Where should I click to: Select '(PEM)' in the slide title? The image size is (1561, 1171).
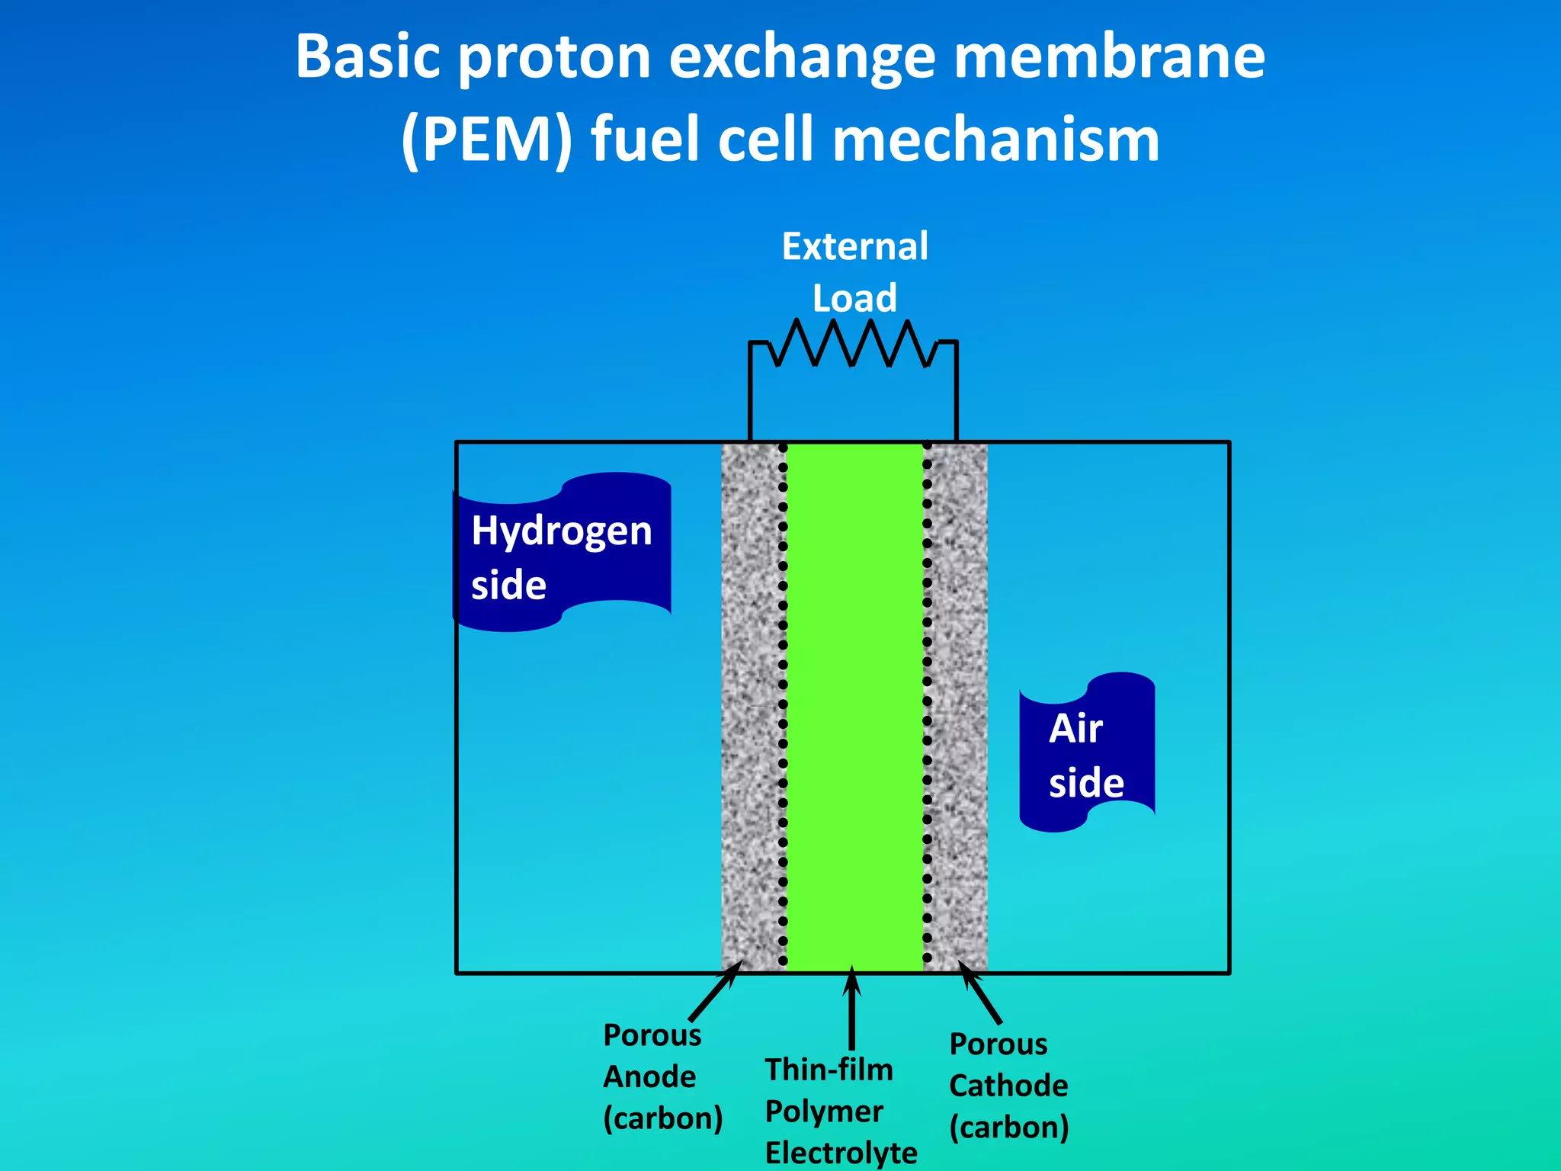[486, 140]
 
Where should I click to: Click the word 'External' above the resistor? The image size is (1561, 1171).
[855, 247]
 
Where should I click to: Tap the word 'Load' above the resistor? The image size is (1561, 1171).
[854, 298]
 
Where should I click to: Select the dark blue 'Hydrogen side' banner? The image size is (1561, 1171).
[563, 553]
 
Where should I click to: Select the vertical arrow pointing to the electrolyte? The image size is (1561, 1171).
[852, 1010]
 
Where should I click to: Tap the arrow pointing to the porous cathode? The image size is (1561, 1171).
[981, 993]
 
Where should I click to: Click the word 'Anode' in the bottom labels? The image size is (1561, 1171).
[649, 1077]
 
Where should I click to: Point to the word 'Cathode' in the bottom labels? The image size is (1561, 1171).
[1008, 1086]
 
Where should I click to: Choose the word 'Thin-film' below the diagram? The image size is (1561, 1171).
[829, 1070]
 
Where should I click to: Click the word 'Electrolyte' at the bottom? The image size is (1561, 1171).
[841, 1153]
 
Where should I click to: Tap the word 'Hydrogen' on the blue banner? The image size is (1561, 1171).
[562, 531]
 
